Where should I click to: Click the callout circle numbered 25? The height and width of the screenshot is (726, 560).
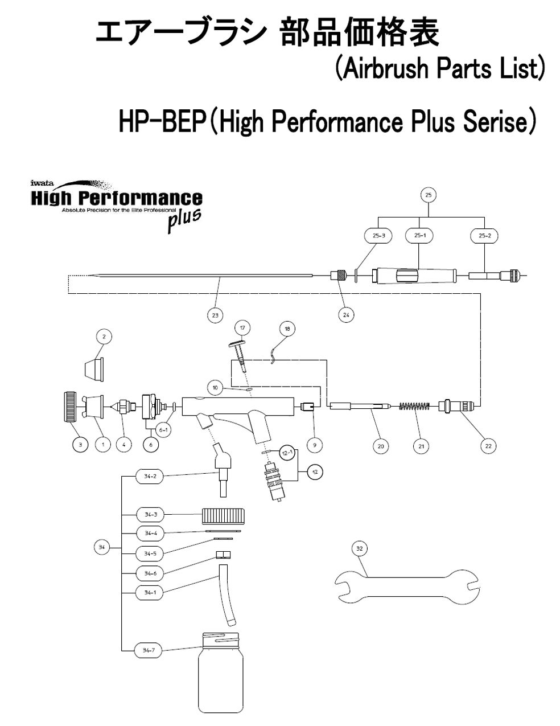428,195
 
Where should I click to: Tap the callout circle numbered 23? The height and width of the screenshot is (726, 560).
215,314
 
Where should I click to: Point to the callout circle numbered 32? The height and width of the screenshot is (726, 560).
359,548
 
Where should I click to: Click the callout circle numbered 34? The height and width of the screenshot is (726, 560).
101,548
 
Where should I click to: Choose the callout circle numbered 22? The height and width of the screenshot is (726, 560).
488,446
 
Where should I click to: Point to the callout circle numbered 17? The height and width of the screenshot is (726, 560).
242,328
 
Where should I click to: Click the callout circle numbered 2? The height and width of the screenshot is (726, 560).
104,337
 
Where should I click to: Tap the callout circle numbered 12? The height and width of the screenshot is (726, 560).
314,471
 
